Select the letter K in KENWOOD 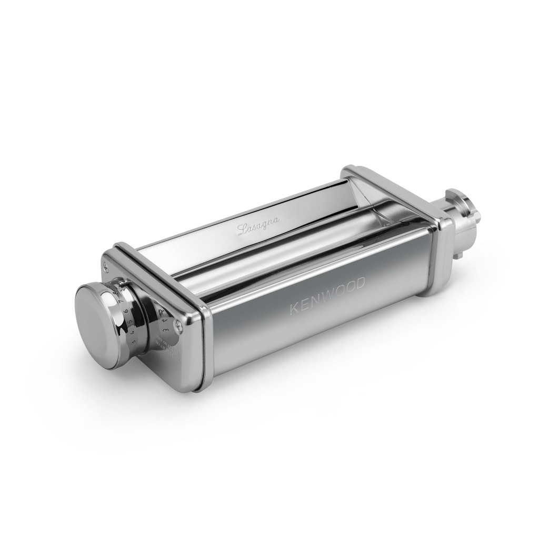294,310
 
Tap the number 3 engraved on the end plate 166,331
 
